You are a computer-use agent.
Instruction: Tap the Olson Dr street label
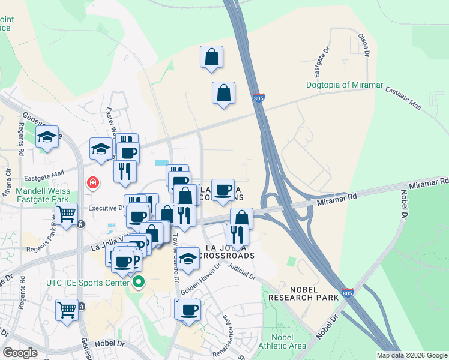click(363, 44)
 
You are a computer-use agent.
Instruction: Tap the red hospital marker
click(93, 182)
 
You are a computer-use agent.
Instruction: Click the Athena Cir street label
click(8, 178)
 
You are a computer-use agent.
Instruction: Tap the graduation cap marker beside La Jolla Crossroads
click(188, 258)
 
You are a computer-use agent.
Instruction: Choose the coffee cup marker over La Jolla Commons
click(223, 190)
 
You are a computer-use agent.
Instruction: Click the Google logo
click(20, 353)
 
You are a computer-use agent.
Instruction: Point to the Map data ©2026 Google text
click(412, 355)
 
